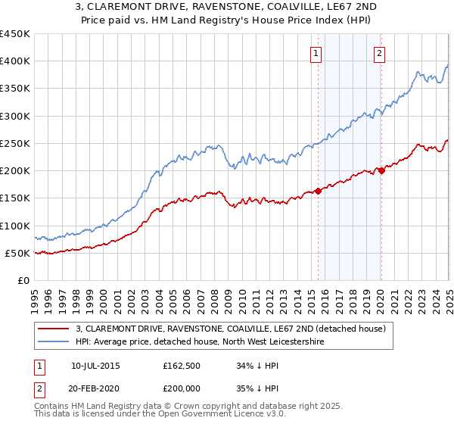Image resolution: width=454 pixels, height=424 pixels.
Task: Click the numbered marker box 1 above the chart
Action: [x=315, y=53]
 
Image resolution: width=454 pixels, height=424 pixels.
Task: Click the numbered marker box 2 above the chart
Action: [x=379, y=53]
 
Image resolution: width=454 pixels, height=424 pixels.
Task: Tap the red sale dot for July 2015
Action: [x=318, y=191]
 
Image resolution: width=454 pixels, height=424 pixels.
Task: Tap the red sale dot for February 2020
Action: [x=381, y=170]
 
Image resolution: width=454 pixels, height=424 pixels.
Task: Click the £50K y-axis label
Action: [x=17, y=253]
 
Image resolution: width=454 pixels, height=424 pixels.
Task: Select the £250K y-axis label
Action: [x=14, y=143]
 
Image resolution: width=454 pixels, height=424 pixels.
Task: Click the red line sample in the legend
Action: [x=54, y=329]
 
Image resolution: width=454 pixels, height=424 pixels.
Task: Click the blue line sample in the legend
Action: [x=54, y=342]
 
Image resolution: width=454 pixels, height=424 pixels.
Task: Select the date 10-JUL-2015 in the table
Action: [x=95, y=365]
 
